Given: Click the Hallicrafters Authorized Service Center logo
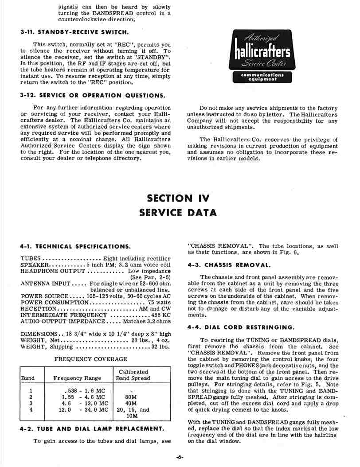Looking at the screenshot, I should tap(262, 56).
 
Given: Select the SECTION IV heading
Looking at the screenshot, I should tap(178, 198).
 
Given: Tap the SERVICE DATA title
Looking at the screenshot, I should tap(178, 213).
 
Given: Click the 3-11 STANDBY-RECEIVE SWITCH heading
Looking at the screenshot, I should tap(75, 32).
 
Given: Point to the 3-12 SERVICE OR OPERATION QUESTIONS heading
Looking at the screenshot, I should tap(93, 95).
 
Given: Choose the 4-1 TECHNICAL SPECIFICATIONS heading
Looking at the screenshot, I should tap(75, 246).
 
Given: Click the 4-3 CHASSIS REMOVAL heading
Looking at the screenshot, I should tap(229, 265).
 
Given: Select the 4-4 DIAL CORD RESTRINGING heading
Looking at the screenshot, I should tap(241, 327).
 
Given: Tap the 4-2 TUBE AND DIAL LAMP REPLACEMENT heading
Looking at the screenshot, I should tap(92, 429).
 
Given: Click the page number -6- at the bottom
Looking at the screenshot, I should tap(180, 457).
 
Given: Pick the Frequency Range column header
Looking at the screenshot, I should tap(77, 378).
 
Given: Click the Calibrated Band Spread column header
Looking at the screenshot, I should tap(133, 375).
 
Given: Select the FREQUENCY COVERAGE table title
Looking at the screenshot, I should tap(90, 359).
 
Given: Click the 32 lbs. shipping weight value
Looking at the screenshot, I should tap(161, 347).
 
